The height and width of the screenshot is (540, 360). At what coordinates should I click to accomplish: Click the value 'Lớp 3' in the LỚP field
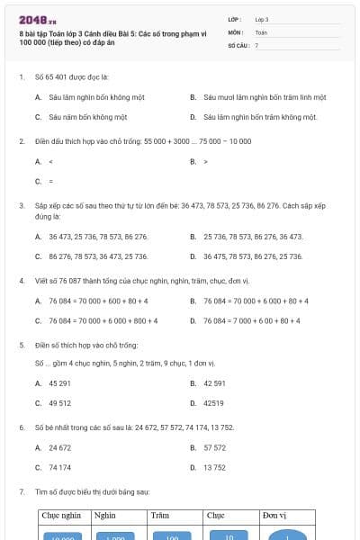coord(262,18)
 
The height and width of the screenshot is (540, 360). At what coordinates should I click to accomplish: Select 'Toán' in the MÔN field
coord(261,31)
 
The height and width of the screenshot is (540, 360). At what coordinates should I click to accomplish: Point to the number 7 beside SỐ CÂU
coord(256,44)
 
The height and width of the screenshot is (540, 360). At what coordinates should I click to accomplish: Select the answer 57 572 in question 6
coord(214,447)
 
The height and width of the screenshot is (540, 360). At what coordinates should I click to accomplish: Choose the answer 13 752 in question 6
coord(214,468)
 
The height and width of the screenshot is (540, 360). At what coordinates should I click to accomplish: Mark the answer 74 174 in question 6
coord(59,468)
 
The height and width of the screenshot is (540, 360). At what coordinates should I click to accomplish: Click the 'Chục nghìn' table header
coord(60,517)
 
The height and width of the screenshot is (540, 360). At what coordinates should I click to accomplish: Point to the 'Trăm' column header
coord(160,517)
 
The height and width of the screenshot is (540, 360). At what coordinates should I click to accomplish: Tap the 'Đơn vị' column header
coord(274,517)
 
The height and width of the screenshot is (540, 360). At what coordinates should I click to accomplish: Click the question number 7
coord(21,492)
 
